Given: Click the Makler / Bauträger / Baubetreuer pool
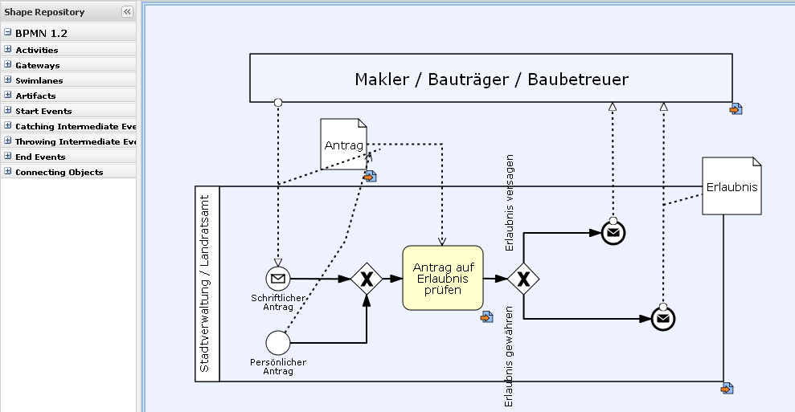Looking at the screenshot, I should click(x=491, y=78).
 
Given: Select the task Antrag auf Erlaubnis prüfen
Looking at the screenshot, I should click(x=442, y=278).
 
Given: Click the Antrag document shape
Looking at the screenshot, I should click(x=343, y=145).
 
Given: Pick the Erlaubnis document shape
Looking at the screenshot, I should click(x=731, y=186).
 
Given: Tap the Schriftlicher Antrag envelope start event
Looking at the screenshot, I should click(x=278, y=279).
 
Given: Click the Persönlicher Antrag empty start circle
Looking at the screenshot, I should click(x=277, y=343).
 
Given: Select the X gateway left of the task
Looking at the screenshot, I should click(x=367, y=279).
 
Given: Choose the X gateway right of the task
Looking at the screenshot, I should click(x=523, y=279).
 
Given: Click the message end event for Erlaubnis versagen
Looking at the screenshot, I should click(x=613, y=233).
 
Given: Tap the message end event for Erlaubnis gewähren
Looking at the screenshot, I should click(x=662, y=319).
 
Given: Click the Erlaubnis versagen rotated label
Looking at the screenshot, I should click(x=510, y=203).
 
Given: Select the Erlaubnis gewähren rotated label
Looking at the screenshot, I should click(x=509, y=357).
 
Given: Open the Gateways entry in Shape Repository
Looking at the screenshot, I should click(x=37, y=65).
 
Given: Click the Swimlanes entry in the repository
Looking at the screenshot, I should click(x=39, y=80).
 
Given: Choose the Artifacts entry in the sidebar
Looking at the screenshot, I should click(x=35, y=96).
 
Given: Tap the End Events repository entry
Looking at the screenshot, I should click(x=40, y=157).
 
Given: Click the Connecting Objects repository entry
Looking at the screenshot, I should click(x=59, y=172).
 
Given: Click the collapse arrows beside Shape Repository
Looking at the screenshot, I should click(x=127, y=11).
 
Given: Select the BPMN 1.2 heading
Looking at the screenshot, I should click(x=41, y=34).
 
